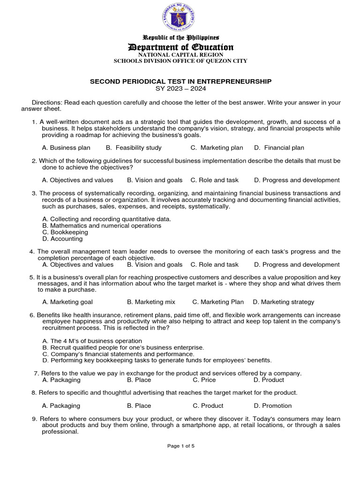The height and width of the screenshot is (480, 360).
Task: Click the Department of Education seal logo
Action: click(180, 18)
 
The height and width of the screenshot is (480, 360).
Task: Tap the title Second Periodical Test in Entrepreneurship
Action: click(180, 81)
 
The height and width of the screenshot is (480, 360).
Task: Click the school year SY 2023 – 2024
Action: click(180, 88)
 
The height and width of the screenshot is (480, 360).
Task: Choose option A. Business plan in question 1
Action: click(66, 148)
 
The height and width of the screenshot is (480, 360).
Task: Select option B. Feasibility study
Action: click(134, 148)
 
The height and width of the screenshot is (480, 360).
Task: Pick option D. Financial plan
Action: click(279, 148)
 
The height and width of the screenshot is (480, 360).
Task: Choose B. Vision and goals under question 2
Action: click(155, 180)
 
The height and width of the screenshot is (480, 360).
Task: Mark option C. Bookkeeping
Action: click(65, 232)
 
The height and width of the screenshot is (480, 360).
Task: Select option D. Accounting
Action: click(62, 239)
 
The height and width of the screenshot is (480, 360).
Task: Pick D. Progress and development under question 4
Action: click(297, 264)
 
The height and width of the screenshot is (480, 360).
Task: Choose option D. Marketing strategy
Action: click(284, 302)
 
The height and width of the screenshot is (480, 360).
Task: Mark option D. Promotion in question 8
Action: click(272, 405)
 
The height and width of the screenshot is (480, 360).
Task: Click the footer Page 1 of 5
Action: click(181, 446)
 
